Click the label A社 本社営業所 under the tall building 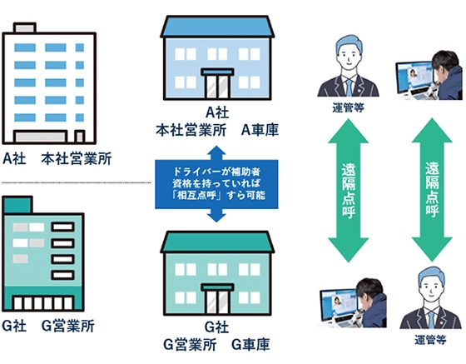point(57,157)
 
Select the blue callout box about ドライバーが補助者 point(216,183)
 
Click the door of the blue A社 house point(219,86)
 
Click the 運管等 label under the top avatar point(348,107)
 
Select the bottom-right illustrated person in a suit point(429,302)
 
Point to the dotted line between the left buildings point(67,180)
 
